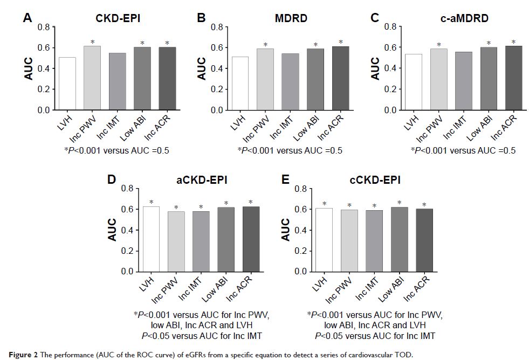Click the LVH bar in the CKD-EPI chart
click(67, 84)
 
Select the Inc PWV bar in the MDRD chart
click(265, 79)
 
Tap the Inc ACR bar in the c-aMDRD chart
click(513, 78)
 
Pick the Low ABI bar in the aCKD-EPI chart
click(226, 239)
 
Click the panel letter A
click(28, 18)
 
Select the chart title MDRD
click(291, 18)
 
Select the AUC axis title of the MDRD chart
click(202, 68)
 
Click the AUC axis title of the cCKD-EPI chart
click(285, 230)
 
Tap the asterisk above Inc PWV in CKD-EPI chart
click(92, 42)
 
